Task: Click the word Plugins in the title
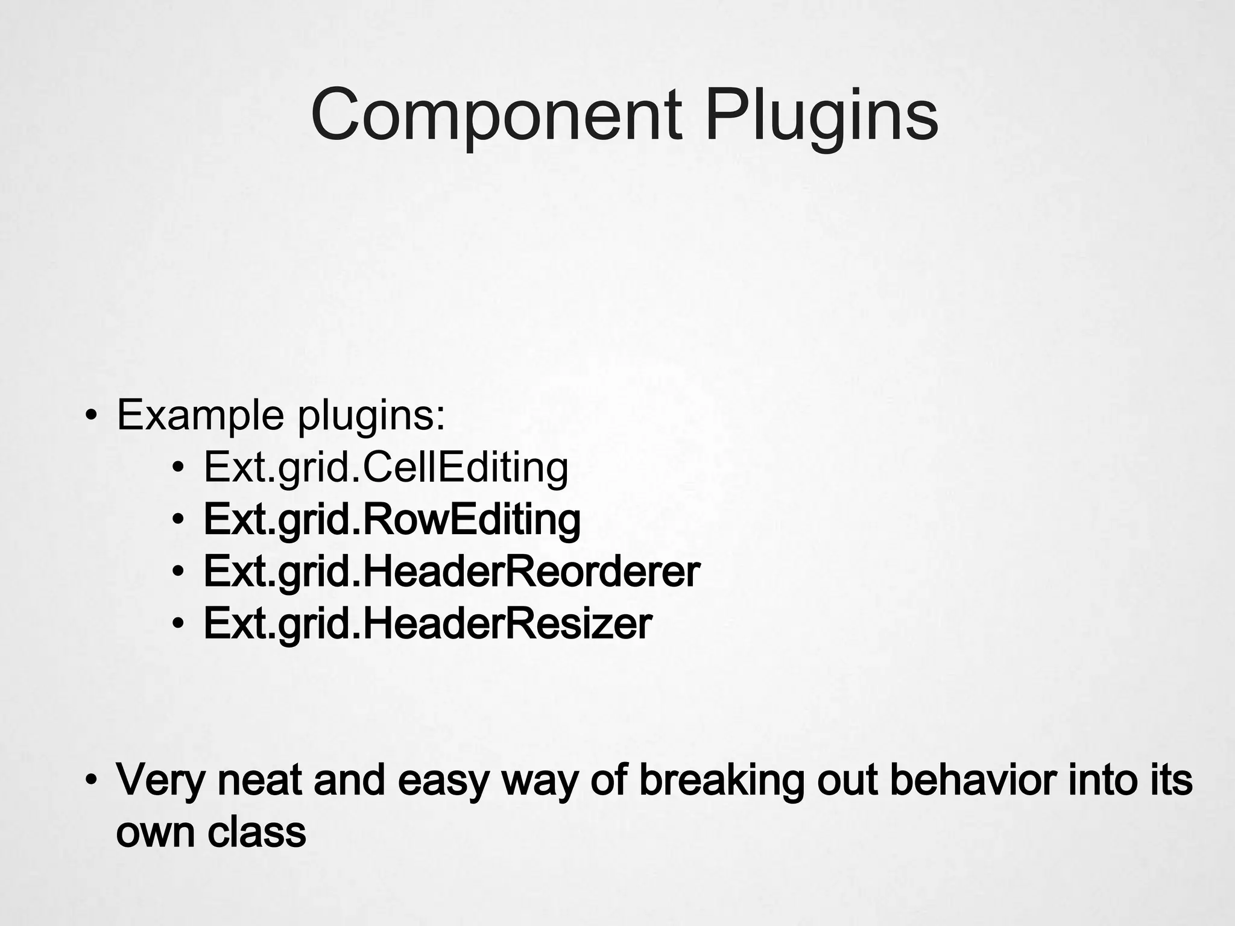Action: (821, 115)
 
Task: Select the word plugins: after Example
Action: (371, 416)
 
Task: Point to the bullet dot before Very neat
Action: (90, 781)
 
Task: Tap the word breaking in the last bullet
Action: (721, 780)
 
